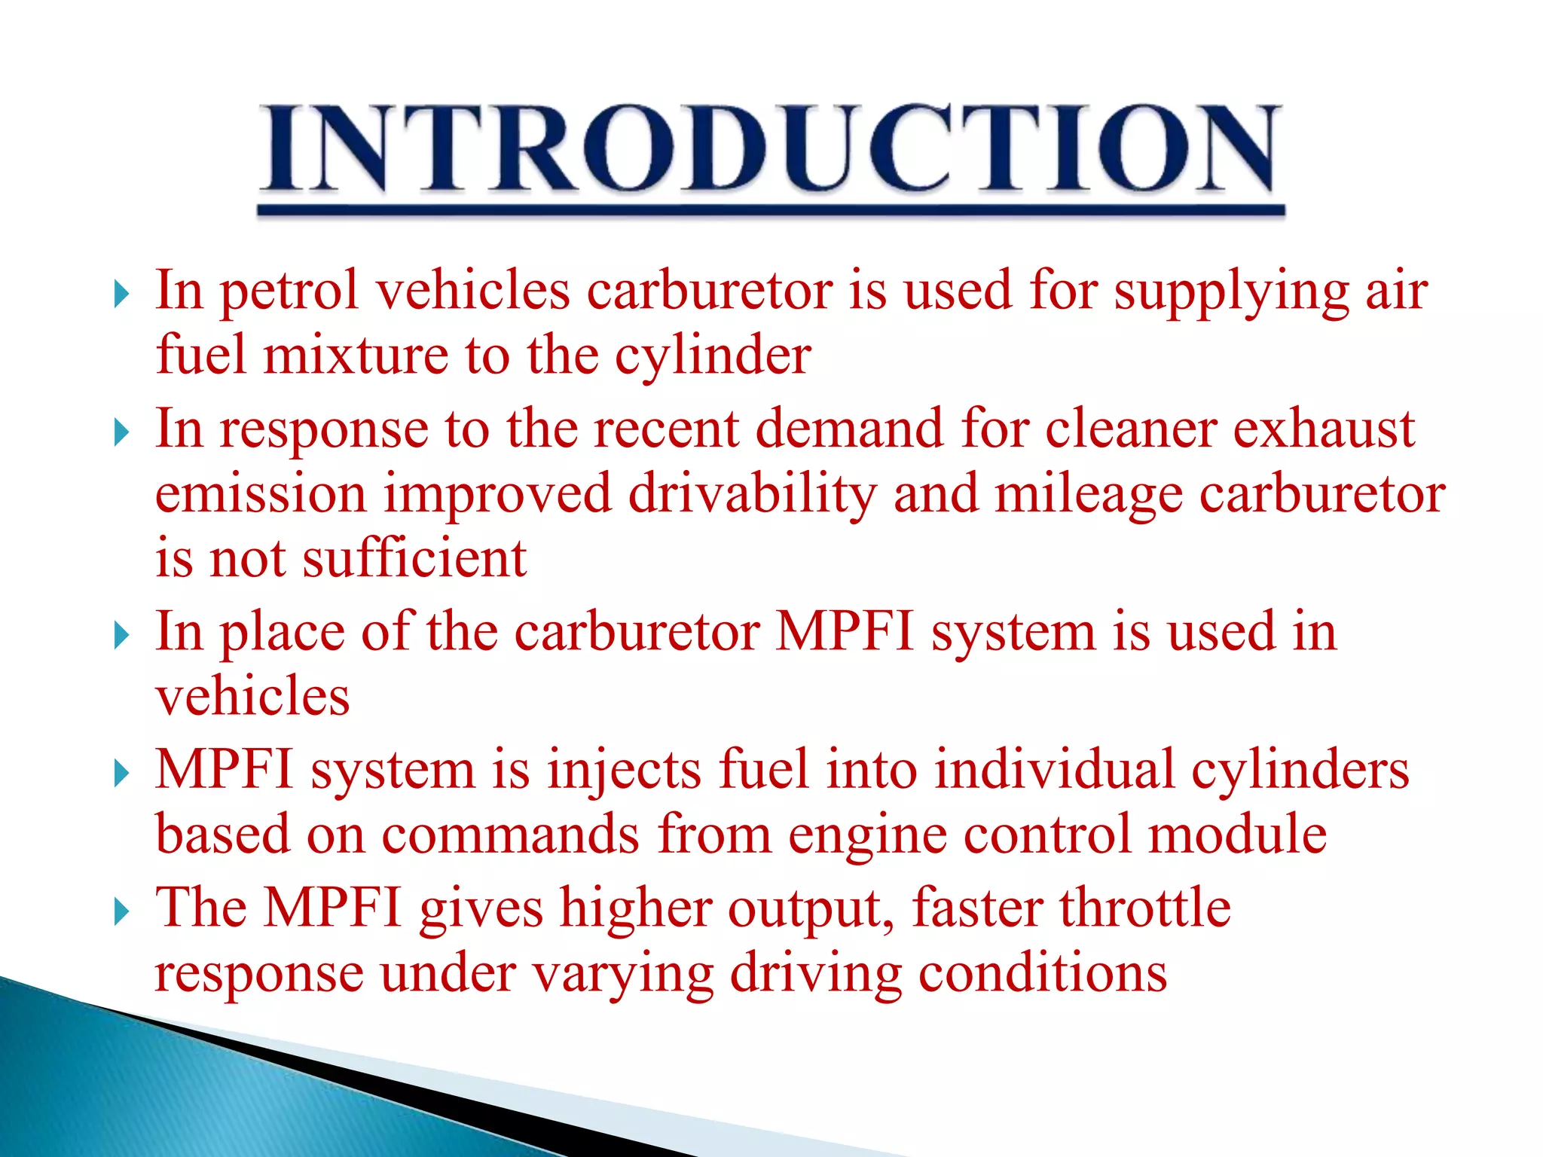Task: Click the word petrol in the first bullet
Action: pos(289,292)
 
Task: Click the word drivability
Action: pos(752,494)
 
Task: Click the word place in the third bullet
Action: pos(281,633)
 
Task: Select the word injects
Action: pos(624,771)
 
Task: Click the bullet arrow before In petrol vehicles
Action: pos(122,295)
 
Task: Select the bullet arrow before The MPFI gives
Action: pos(122,912)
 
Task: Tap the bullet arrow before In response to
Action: pos(122,433)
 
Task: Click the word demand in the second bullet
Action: pos(849,429)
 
